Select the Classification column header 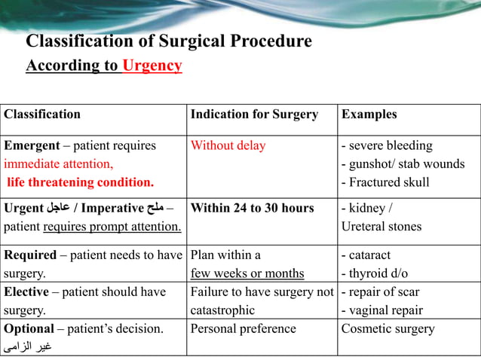coord(42,114)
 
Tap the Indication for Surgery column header coord(254,114)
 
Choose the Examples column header coord(369,114)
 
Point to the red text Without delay coord(228,145)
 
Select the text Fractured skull coord(388,182)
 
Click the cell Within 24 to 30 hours coord(252,209)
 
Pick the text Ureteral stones coord(381,227)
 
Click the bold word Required coord(30,255)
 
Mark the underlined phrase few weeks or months coord(247,273)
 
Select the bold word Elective coord(27,291)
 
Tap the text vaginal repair coord(385,310)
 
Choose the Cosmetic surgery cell coord(388,328)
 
